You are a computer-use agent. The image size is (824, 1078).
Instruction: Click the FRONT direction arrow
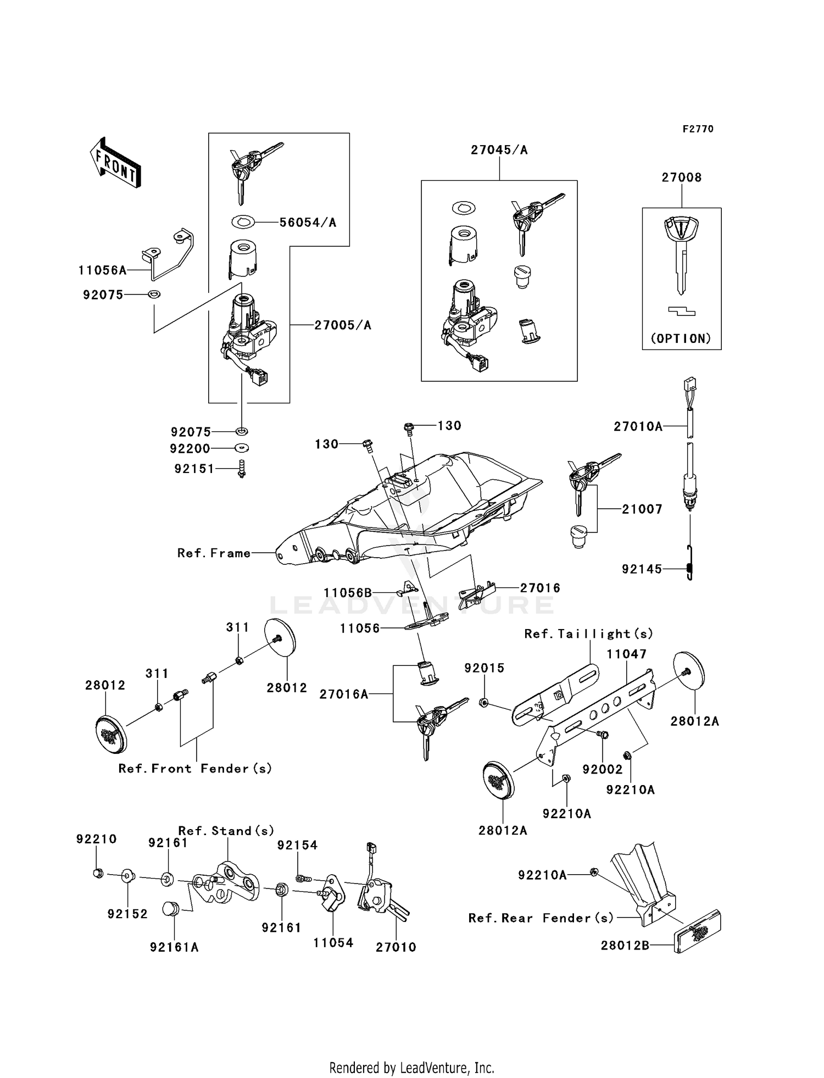click(116, 163)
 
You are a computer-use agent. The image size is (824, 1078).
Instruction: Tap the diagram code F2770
click(698, 129)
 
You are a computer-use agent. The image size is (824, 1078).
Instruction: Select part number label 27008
click(681, 177)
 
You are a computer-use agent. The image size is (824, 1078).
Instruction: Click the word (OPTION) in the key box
click(681, 338)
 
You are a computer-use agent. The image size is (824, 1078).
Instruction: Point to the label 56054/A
click(308, 223)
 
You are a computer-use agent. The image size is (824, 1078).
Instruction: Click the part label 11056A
click(103, 270)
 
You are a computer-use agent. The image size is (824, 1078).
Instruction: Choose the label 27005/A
click(343, 325)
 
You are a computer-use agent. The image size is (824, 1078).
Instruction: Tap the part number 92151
click(194, 469)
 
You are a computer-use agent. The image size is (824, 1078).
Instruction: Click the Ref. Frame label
click(214, 553)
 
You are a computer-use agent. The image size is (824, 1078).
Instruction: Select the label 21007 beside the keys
click(642, 509)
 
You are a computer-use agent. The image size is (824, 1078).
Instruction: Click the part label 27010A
click(638, 426)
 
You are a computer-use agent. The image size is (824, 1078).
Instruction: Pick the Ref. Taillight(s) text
click(588, 634)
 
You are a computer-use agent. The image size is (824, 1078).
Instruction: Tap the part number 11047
click(626, 654)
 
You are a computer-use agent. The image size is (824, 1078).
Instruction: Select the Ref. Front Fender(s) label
click(195, 769)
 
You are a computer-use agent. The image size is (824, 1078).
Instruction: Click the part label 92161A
click(174, 947)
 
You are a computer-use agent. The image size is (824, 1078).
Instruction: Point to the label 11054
click(333, 943)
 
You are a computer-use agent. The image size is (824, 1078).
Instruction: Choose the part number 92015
click(484, 668)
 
